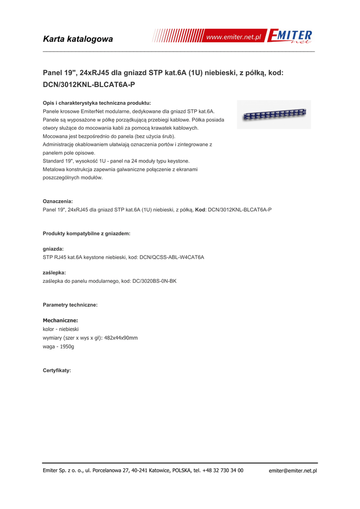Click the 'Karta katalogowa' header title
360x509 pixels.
click(x=78, y=39)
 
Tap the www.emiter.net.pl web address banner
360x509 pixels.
click(x=233, y=37)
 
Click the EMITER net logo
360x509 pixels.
click(x=290, y=37)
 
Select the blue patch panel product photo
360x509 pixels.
click(x=274, y=115)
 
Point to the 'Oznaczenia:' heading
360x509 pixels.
click(x=58, y=201)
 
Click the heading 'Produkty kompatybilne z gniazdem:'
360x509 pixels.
click(x=87, y=233)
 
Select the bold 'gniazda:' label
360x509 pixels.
click(x=53, y=249)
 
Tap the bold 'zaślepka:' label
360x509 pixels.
click(x=54, y=272)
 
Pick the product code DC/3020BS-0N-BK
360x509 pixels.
click(x=152, y=281)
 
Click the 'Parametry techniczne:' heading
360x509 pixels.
click(x=70, y=304)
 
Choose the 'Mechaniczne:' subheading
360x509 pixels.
click(x=60, y=321)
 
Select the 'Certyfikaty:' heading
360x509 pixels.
click(x=57, y=370)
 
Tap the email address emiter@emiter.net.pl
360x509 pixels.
click(x=292, y=470)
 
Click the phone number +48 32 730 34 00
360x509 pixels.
click(x=223, y=470)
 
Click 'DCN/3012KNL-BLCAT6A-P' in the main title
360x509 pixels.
click(x=89, y=85)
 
